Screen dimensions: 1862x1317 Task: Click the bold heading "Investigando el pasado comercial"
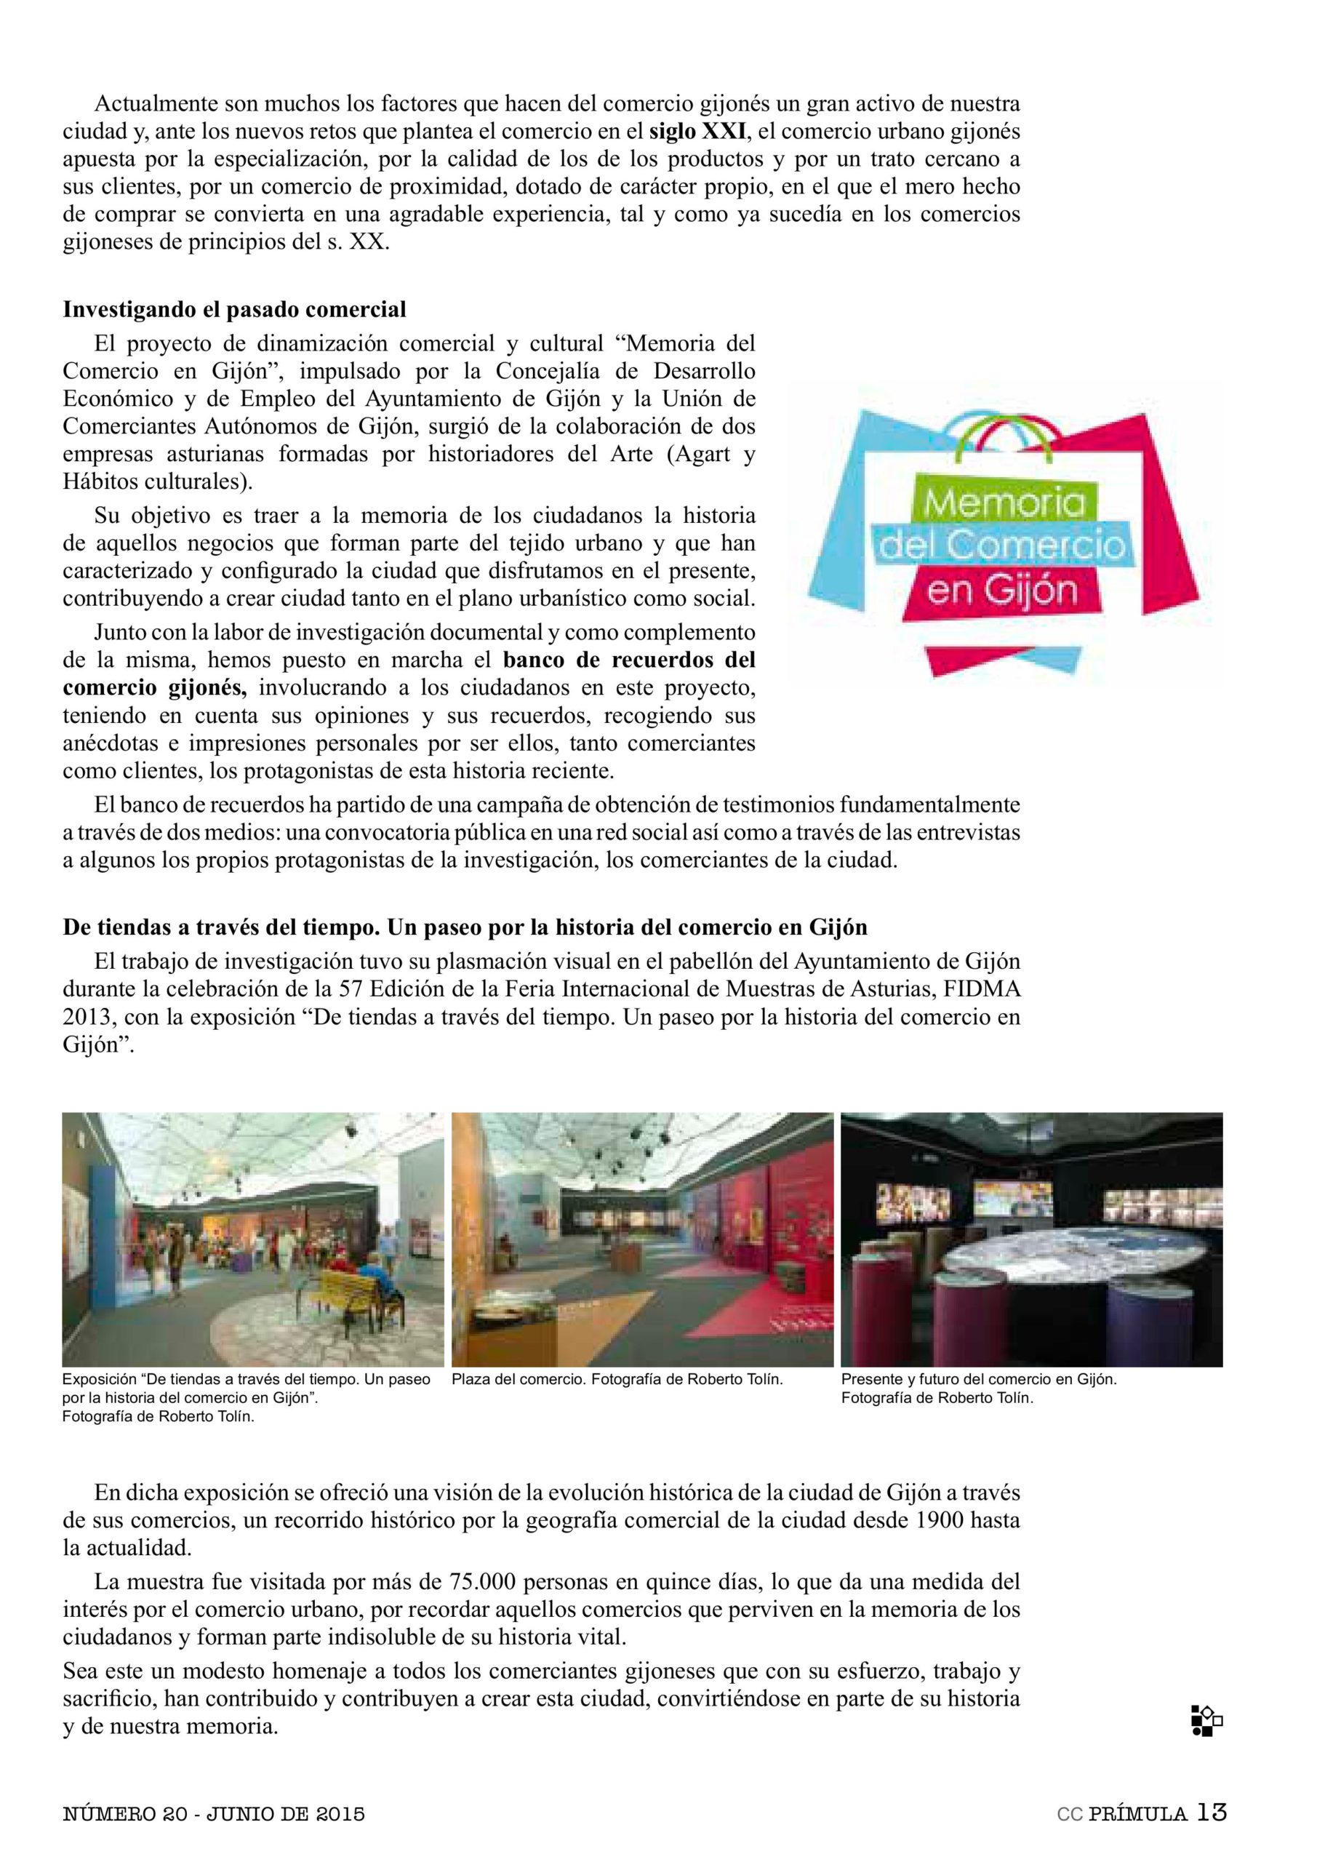[234, 310]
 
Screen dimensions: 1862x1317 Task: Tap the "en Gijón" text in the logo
[1001, 591]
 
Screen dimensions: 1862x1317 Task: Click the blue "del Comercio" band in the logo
[1001, 546]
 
